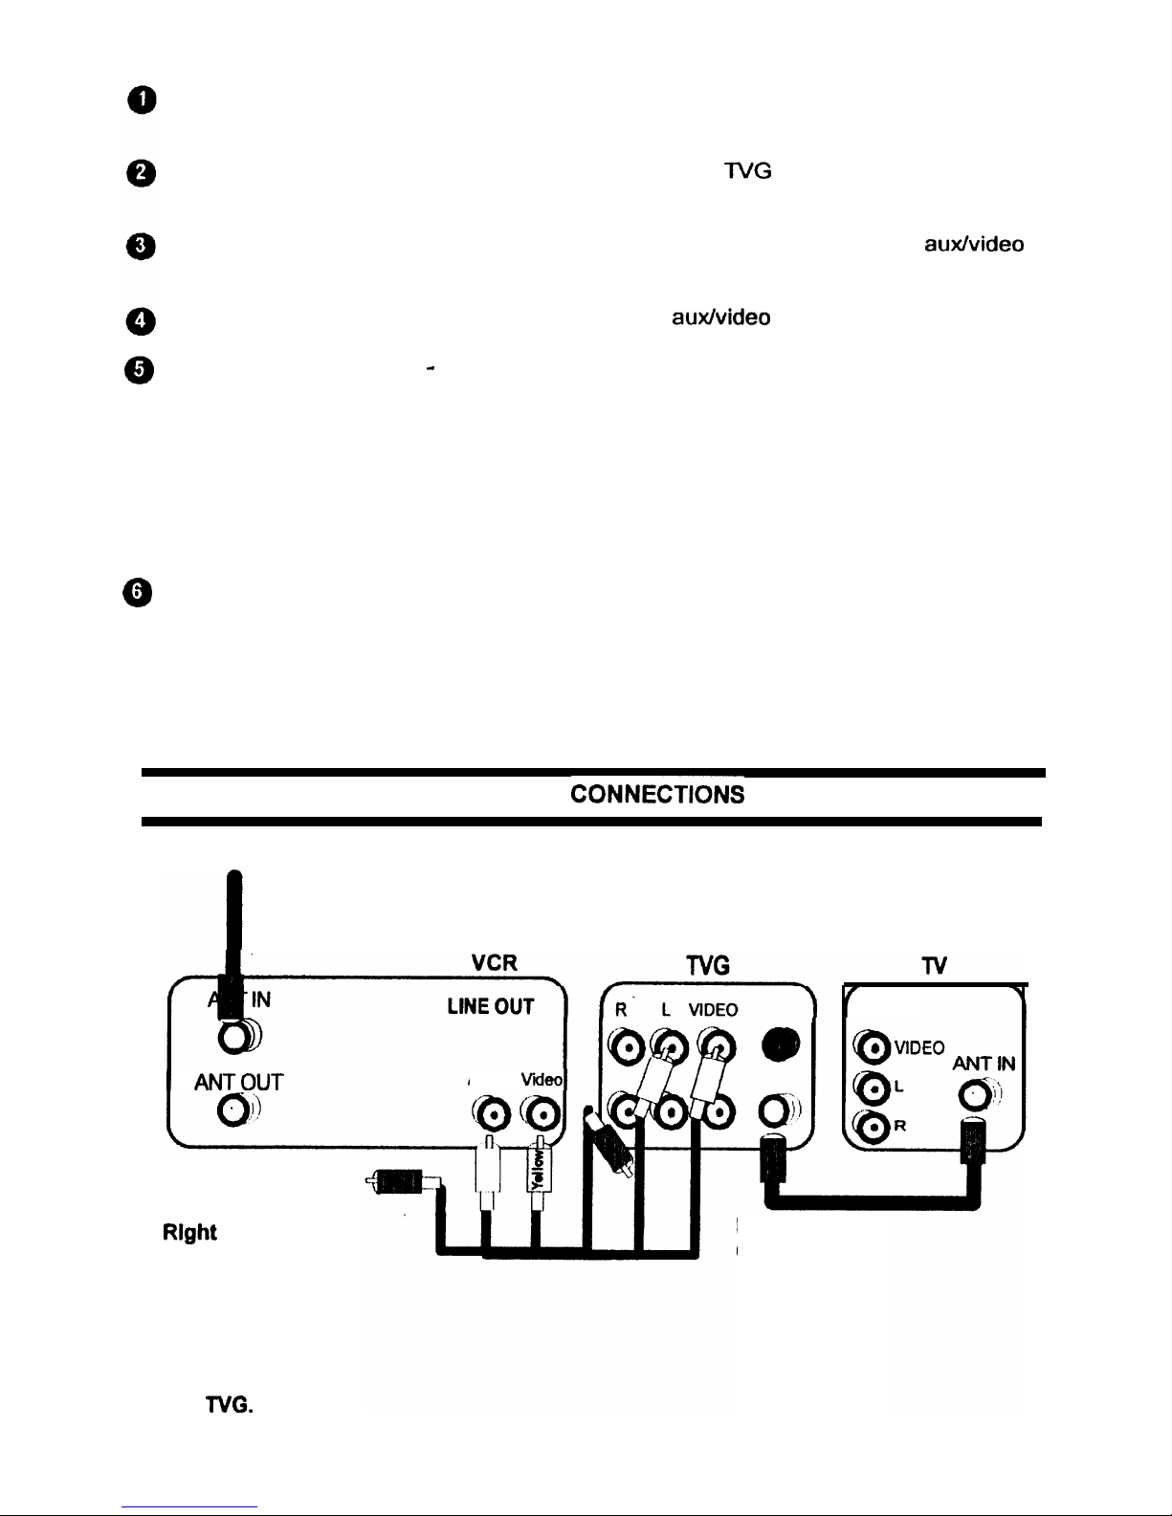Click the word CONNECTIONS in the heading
click(657, 795)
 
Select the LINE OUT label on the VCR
click(489, 1007)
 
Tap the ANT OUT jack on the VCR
click(234, 1109)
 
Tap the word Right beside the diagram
click(188, 1233)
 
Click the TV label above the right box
click(935, 967)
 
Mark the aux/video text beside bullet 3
click(973, 245)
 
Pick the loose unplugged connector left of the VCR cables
click(398, 1183)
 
